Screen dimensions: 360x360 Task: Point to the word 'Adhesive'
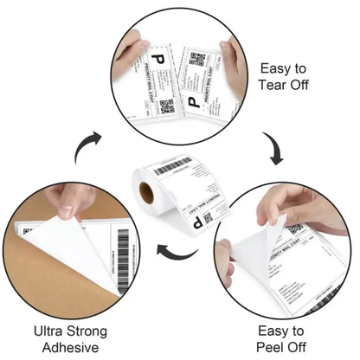(x=72, y=349)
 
